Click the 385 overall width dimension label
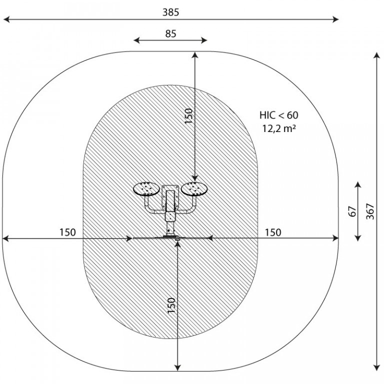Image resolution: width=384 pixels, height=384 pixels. (x=170, y=12)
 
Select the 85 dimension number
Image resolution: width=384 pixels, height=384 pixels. (x=170, y=34)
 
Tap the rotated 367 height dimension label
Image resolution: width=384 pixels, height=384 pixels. (x=370, y=211)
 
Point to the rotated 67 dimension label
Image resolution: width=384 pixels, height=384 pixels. (x=351, y=211)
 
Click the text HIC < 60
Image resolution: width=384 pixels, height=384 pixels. (x=279, y=115)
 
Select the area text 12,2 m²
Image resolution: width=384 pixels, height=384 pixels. (x=279, y=128)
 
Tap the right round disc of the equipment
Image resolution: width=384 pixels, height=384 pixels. (x=195, y=189)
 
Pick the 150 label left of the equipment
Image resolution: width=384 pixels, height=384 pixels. (x=67, y=232)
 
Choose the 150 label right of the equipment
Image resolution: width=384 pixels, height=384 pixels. (x=273, y=232)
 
